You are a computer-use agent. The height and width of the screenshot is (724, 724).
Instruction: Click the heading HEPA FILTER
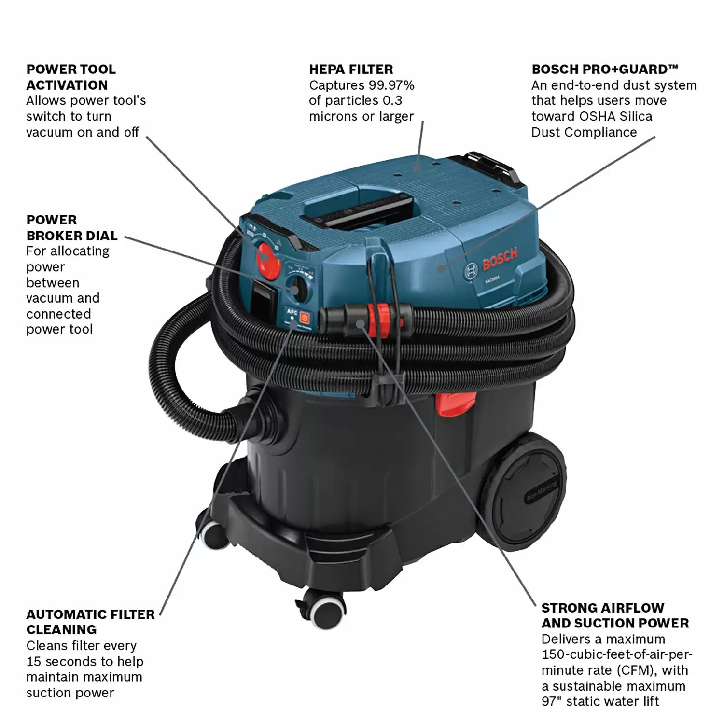point(351,69)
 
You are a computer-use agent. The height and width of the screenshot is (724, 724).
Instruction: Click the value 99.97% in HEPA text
point(391,85)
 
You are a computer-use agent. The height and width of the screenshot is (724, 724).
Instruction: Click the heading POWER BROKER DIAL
point(71,228)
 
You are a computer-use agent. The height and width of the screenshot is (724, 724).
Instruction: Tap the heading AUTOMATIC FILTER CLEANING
point(90,622)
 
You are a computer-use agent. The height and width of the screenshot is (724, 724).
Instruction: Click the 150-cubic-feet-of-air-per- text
point(616,654)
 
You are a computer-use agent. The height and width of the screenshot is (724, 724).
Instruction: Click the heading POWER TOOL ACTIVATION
point(70,77)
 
